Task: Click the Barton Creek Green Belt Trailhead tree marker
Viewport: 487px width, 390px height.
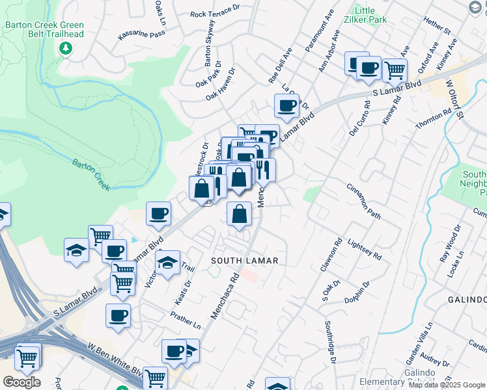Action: pyautogui.click(x=65, y=49)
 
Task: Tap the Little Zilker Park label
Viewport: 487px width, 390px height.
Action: pyautogui.click(x=369, y=15)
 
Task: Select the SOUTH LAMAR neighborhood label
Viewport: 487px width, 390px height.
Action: pyautogui.click(x=245, y=260)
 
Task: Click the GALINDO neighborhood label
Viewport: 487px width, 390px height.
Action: pyautogui.click(x=467, y=299)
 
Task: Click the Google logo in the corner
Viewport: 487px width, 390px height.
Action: pyautogui.click(x=21, y=382)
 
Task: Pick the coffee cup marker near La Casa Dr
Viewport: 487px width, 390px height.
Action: pyautogui.click(x=286, y=105)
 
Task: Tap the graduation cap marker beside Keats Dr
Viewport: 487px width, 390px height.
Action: pyautogui.click(x=167, y=263)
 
